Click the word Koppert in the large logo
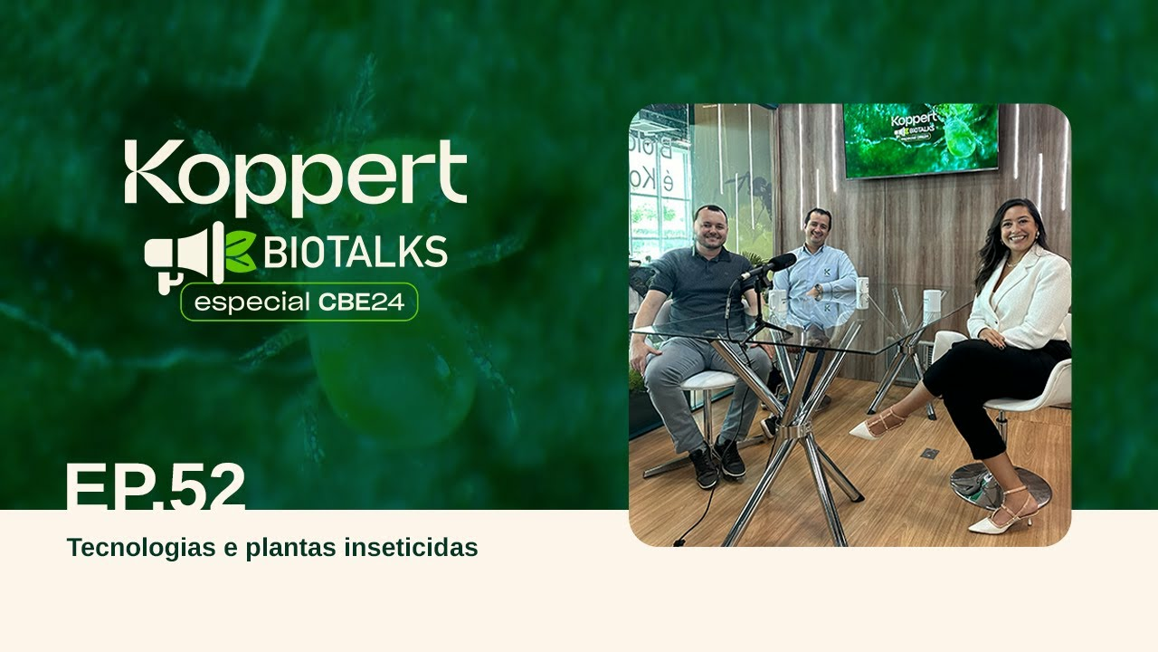pyautogui.click(x=295, y=175)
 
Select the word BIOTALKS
pyautogui.click(x=355, y=253)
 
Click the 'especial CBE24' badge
pyautogui.click(x=299, y=302)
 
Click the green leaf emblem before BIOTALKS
pyautogui.click(x=241, y=254)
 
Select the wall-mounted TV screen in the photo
pyautogui.click(x=920, y=139)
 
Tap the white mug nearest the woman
pyautogui.click(x=931, y=302)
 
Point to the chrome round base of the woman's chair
pyautogui.click(x=1000, y=484)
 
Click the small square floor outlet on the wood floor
pyautogui.click(x=929, y=453)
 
